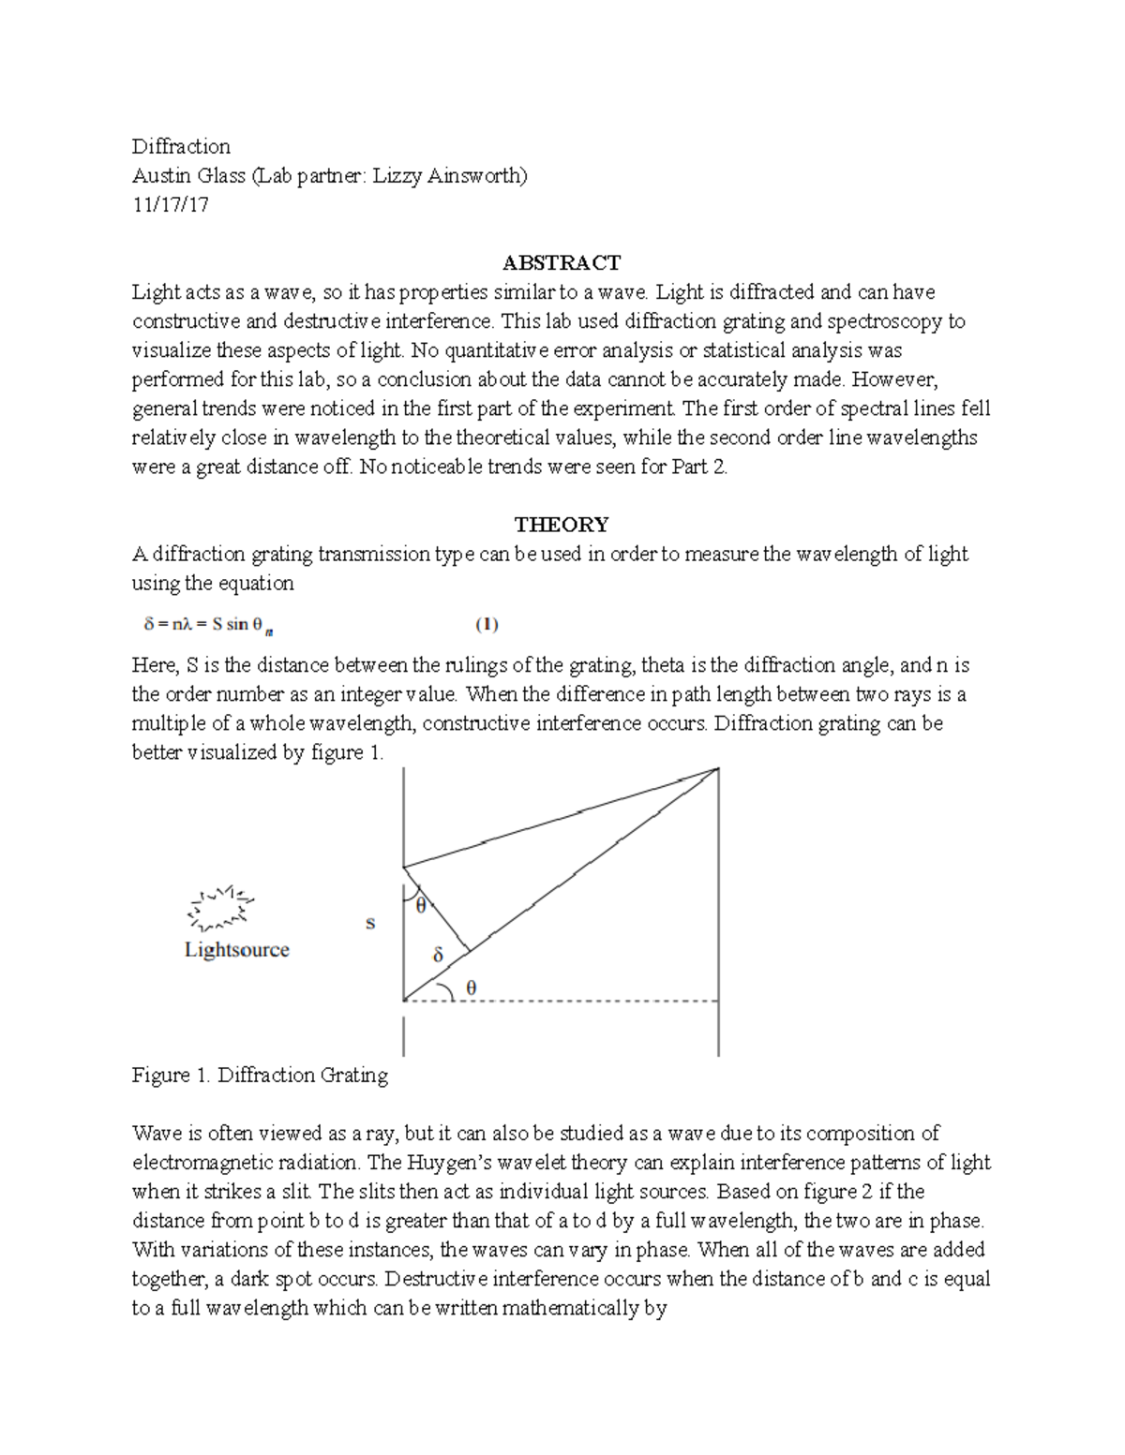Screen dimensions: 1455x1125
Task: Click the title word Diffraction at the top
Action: coord(181,146)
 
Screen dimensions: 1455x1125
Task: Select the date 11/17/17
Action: coord(170,204)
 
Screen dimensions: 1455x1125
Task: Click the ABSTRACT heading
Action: coord(562,262)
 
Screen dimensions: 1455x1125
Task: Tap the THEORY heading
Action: coord(562,524)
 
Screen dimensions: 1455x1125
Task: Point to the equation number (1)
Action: coord(486,624)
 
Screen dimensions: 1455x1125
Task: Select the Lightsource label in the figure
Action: coord(236,949)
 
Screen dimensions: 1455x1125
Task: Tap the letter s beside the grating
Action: coord(370,923)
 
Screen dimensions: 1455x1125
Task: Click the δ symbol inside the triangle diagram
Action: coord(437,956)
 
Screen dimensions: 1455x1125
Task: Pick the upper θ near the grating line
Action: coord(421,905)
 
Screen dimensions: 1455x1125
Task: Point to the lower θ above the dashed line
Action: coord(472,987)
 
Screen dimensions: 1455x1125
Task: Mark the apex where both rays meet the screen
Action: coord(718,769)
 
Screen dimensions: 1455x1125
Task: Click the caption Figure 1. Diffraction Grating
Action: coord(260,1075)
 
